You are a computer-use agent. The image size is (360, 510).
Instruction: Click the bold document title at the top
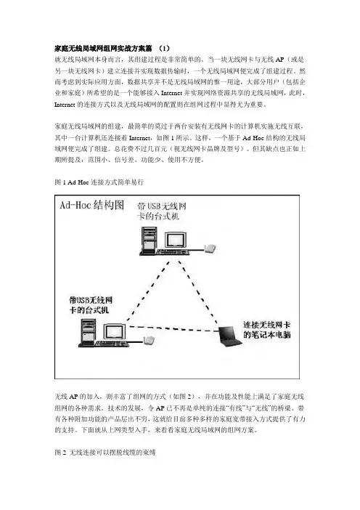112,49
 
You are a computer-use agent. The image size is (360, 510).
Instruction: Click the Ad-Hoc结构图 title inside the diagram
92,205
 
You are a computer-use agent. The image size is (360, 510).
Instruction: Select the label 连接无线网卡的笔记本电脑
267,330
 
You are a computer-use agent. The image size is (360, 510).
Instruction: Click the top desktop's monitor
176,240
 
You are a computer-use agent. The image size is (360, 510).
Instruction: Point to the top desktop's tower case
149,240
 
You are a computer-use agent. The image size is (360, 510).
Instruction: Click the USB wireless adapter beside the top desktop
210,248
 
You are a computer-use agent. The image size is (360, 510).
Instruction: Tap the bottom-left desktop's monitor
115,332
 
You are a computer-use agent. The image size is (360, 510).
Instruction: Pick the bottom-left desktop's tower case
89,332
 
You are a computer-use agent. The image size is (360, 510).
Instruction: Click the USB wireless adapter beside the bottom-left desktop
149,341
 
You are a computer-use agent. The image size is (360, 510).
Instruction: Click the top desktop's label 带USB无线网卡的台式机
161,211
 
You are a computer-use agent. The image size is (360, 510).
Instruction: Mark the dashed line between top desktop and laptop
197,291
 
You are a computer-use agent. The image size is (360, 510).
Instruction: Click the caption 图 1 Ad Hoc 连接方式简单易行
99,182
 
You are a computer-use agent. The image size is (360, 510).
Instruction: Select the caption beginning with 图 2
105,453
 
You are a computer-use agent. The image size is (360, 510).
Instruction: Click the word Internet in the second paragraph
139,138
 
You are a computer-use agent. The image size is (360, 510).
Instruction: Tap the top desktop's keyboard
173,252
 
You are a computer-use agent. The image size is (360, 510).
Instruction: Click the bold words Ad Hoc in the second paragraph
253,138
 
